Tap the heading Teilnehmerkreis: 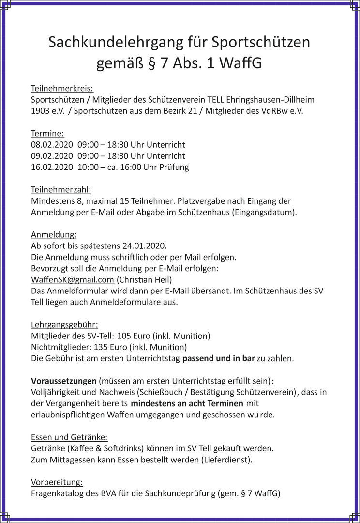(x=62, y=88)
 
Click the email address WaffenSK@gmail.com (x=73, y=280)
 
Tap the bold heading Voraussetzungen (x=64, y=380)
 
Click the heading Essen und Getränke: (x=69, y=437)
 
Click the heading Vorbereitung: (x=57, y=482)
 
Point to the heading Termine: (x=47, y=133)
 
